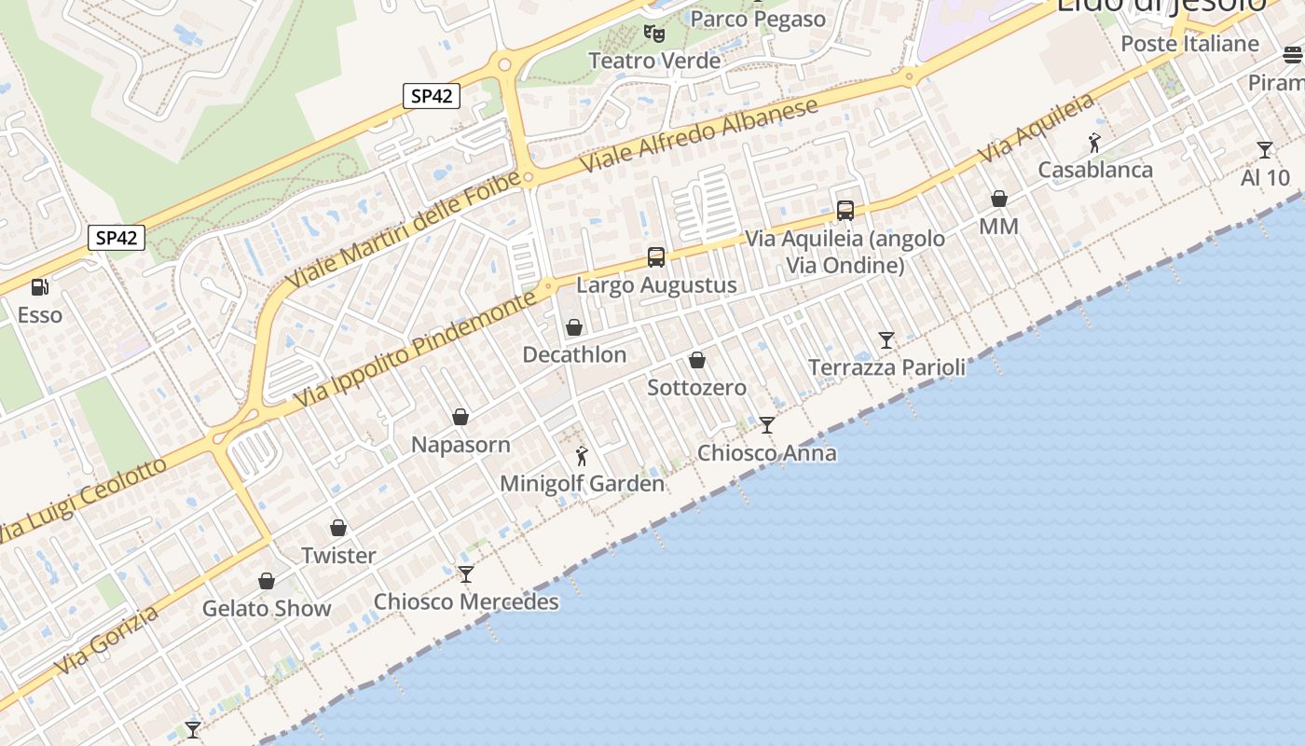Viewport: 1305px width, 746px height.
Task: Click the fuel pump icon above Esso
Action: point(39,287)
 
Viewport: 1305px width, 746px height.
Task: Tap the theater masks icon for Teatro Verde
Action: point(655,33)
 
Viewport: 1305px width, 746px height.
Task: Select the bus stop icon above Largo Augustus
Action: point(656,257)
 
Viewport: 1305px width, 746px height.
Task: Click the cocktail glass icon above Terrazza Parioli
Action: point(886,340)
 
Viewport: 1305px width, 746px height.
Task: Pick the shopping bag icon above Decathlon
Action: point(574,327)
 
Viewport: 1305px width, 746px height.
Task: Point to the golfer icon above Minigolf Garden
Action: point(583,456)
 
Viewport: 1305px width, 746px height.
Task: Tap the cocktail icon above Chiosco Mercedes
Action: point(466,574)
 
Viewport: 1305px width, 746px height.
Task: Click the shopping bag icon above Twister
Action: point(338,528)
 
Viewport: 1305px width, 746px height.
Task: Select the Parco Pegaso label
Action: point(758,19)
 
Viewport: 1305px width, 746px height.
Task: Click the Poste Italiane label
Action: point(1189,44)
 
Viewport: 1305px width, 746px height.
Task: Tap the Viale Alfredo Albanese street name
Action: point(699,134)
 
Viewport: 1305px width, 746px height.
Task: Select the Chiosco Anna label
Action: point(767,453)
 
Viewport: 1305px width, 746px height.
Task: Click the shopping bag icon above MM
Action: point(999,199)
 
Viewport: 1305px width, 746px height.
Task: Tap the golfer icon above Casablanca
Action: point(1095,143)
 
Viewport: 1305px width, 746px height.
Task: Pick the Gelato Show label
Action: point(267,609)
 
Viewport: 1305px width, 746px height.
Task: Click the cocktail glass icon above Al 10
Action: point(1265,150)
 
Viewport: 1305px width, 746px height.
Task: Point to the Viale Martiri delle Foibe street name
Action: point(403,231)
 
